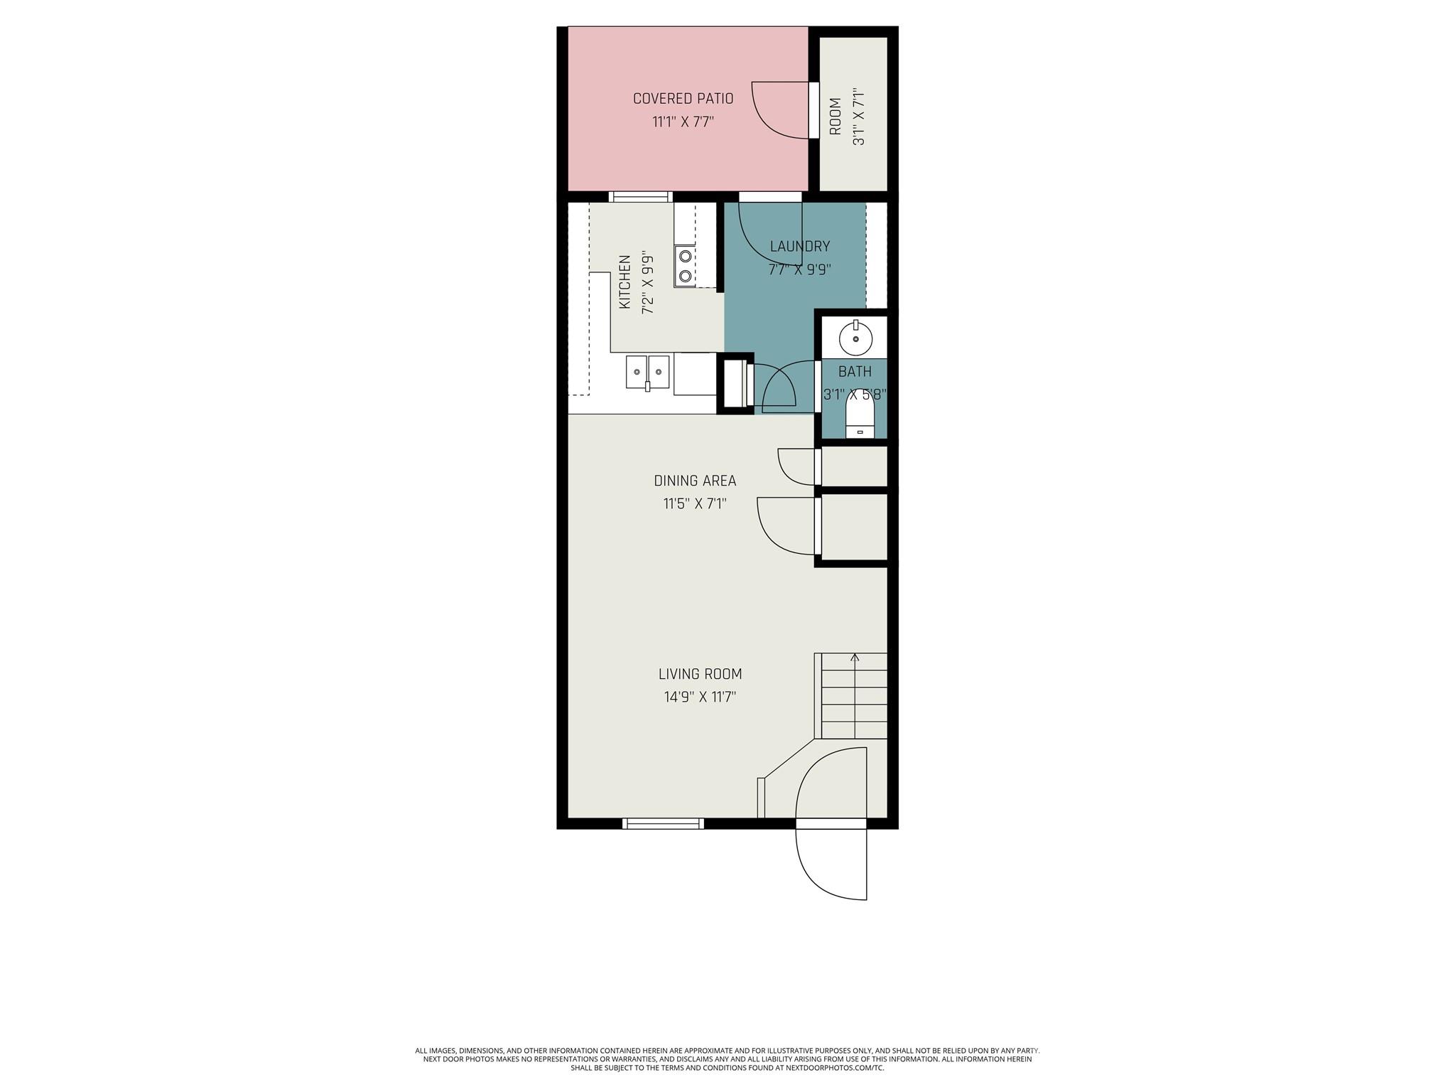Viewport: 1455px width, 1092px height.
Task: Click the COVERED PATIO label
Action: (683, 99)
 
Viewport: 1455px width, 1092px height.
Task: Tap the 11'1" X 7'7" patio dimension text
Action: (683, 122)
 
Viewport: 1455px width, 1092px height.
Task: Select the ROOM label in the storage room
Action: (835, 117)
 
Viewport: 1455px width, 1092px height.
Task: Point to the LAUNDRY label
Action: (799, 247)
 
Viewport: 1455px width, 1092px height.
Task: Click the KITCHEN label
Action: (625, 282)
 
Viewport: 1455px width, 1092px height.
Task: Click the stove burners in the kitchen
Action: (685, 266)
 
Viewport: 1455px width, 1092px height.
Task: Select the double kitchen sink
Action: (647, 372)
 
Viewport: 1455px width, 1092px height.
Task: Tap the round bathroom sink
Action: (855, 339)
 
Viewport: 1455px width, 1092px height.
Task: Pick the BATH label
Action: (855, 371)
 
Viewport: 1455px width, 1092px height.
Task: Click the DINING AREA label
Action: (695, 481)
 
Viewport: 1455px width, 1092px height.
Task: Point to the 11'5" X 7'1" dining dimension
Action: (695, 504)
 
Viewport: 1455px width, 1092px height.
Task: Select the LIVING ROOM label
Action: (700, 674)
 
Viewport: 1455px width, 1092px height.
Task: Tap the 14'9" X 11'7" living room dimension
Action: (700, 697)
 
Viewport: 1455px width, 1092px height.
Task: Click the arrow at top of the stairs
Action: (855, 658)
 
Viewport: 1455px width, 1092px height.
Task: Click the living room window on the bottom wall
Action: (663, 823)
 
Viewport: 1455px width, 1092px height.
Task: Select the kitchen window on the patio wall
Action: (640, 197)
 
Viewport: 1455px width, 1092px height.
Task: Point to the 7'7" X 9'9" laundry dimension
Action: (799, 270)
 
